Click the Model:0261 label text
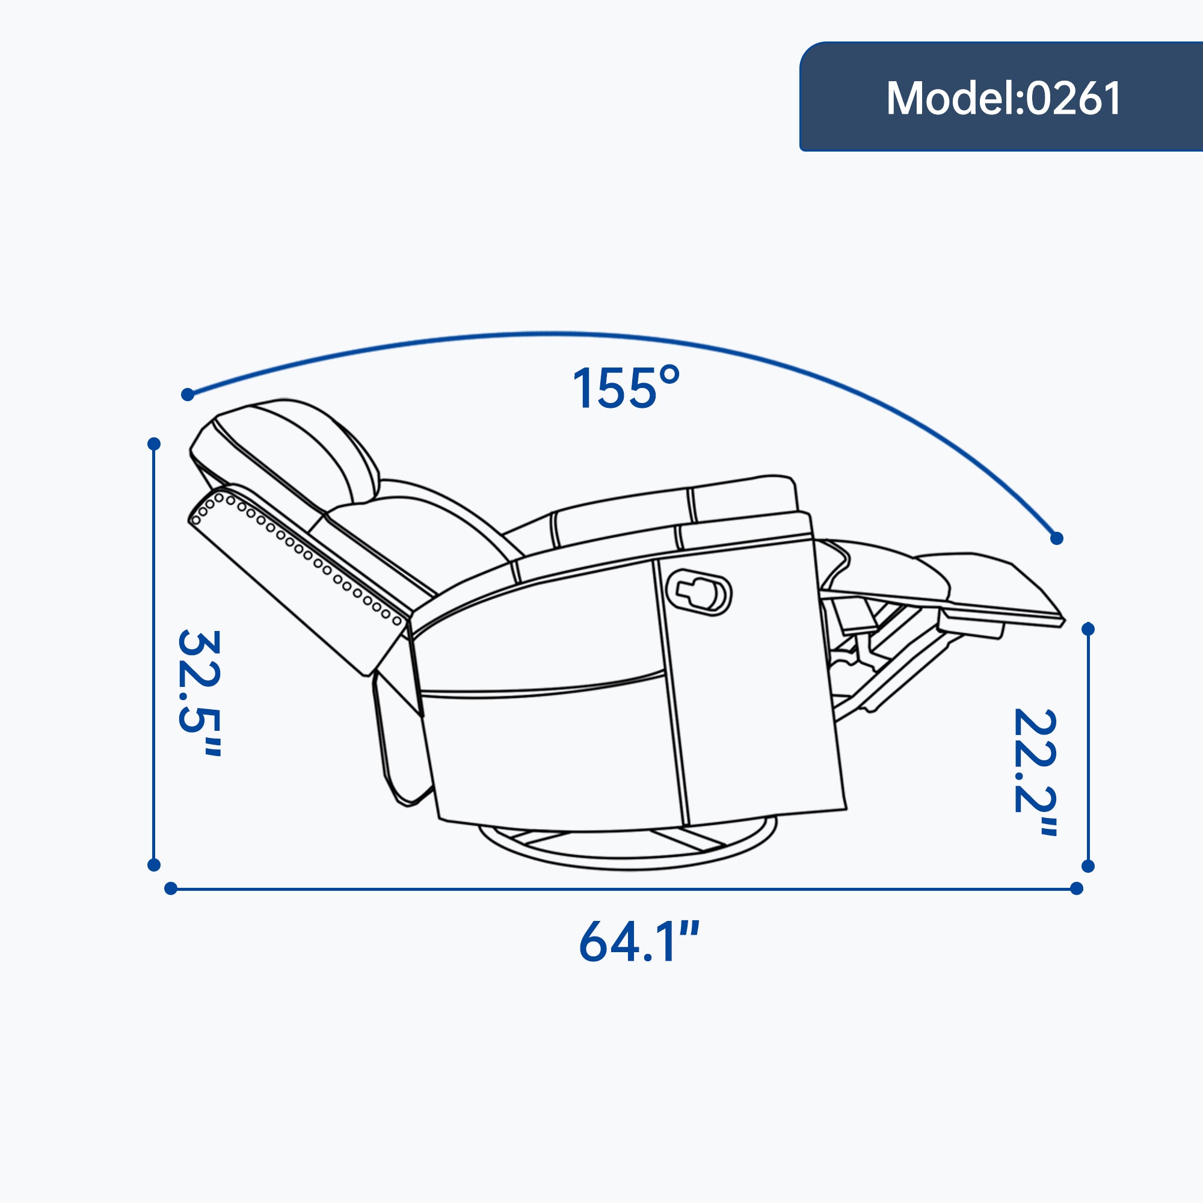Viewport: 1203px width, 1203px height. coord(1003,99)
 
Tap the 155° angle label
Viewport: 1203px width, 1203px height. coord(626,388)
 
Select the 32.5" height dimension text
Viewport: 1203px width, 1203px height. coord(198,692)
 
